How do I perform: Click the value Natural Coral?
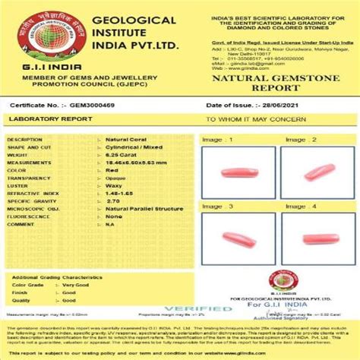click(x=124, y=140)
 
